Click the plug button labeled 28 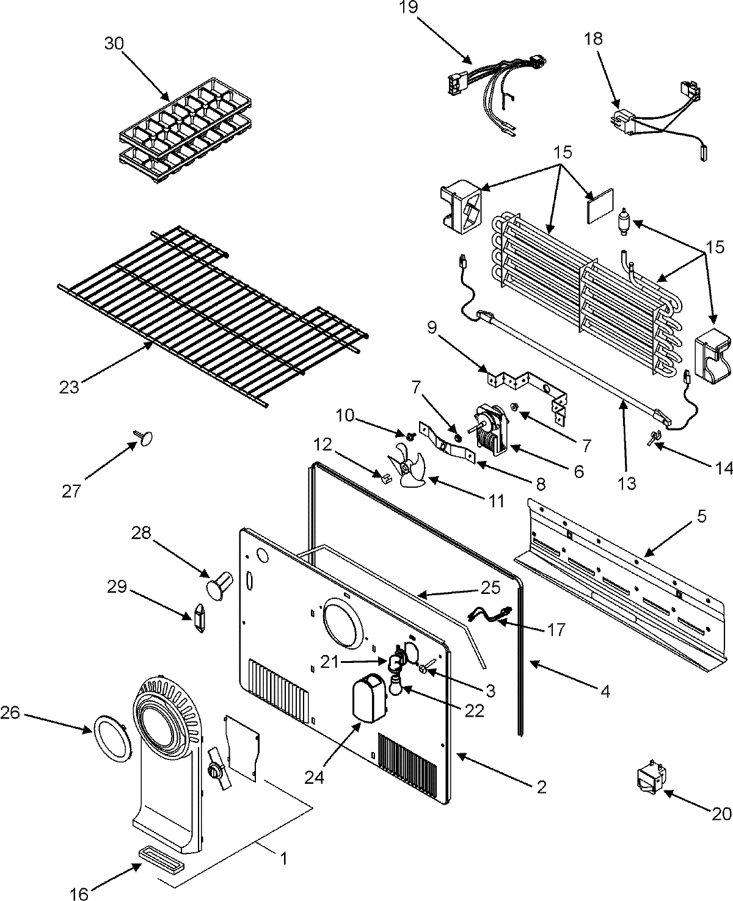pyautogui.click(x=219, y=582)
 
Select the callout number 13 pyautogui.click(x=627, y=483)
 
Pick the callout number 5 pyautogui.click(x=701, y=516)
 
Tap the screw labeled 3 pyautogui.click(x=425, y=668)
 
